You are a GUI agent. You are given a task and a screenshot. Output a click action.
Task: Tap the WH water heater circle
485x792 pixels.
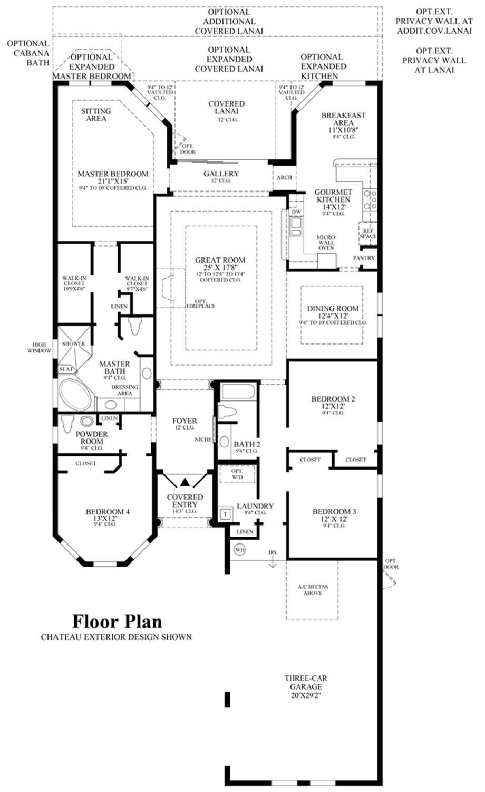click(240, 550)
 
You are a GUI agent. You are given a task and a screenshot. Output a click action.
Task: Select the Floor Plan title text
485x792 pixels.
click(117, 622)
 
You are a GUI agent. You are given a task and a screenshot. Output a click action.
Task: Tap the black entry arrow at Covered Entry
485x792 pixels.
click(185, 482)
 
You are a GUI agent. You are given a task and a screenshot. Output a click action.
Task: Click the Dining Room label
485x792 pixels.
click(333, 312)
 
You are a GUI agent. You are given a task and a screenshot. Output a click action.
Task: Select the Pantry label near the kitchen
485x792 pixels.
click(364, 258)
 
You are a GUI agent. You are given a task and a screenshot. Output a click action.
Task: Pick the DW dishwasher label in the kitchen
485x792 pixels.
click(296, 212)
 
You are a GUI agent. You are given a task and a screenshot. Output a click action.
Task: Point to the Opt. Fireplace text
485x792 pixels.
click(200, 303)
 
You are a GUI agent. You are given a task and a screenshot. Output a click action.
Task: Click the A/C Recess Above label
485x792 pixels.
click(313, 590)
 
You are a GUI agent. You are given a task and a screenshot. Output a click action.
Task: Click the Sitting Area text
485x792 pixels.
click(96, 114)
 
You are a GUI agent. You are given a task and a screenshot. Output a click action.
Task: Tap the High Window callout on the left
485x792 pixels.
click(40, 348)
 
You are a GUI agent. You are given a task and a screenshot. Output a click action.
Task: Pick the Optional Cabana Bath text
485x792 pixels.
click(28, 53)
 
